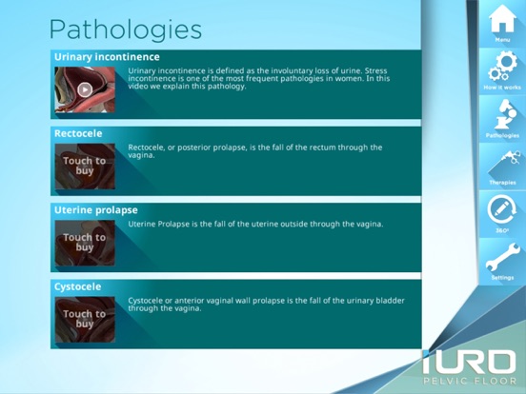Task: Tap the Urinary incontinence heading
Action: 107,57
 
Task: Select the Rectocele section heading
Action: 78,134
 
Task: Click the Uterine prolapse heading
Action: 96,210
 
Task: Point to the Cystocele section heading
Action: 78,286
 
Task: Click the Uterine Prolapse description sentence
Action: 255,225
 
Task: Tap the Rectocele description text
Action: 254,151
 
